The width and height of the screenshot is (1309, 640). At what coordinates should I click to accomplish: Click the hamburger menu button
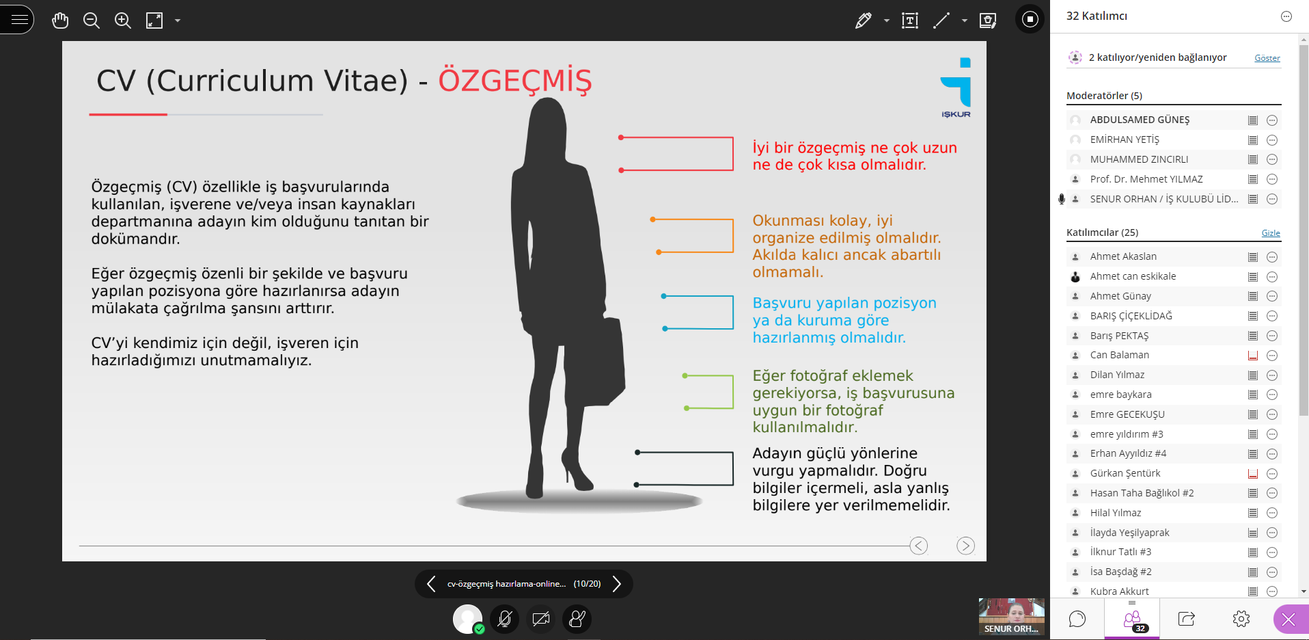(18, 19)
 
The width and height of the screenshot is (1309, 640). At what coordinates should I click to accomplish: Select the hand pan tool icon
(60, 21)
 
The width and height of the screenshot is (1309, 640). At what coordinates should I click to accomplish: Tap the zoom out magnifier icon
(92, 21)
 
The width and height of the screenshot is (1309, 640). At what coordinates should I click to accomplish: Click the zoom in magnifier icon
(123, 21)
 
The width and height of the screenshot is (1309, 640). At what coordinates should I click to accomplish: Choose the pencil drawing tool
(863, 21)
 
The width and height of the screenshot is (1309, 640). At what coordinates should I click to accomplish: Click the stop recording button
(1030, 19)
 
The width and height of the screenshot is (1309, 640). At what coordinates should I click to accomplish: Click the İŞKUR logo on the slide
(956, 88)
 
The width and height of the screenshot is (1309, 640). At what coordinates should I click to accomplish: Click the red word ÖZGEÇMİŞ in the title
(515, 80)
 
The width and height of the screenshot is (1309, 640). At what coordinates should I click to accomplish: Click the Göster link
(1267, 58)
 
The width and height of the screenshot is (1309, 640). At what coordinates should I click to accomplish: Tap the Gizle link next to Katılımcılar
(1271, 233)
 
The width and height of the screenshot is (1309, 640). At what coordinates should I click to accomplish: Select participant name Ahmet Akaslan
(1123, 256)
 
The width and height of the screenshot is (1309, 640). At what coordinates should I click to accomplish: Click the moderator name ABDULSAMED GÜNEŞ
(1140, 120)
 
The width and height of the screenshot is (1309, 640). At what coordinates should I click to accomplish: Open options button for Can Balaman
(1272, 356)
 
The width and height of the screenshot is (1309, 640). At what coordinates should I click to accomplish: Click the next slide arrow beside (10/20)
(617, 583)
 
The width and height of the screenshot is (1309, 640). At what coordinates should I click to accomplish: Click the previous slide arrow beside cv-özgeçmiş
(431, 583)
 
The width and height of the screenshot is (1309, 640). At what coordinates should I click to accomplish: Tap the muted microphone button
(505, 619)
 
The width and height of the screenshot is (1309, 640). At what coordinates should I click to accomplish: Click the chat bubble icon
(1077, 619)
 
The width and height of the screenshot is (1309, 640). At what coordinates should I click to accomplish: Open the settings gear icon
(1241, 619)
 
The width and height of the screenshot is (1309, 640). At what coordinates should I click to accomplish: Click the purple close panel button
(1289, 619)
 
